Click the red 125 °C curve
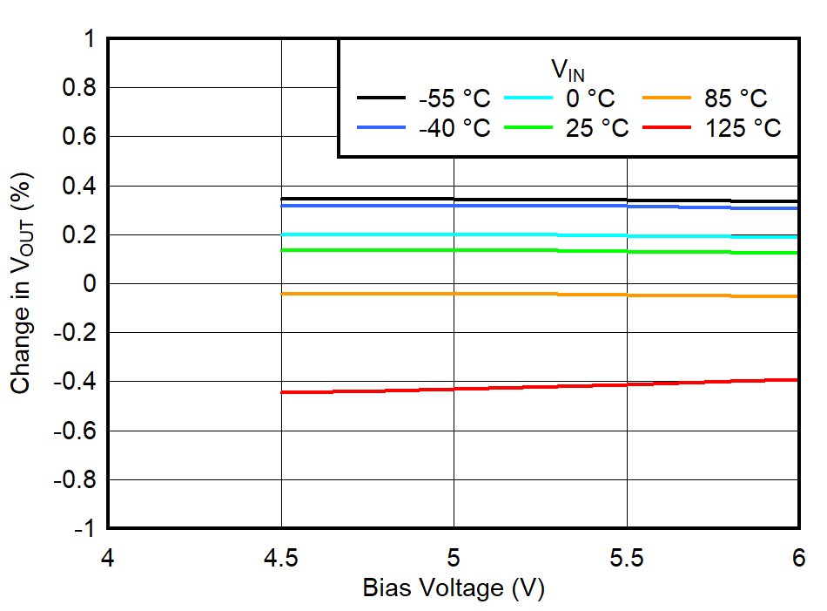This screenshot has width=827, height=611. (540, 384)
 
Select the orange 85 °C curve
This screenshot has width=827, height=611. (540, 295)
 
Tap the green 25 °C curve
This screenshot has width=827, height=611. (540, 251)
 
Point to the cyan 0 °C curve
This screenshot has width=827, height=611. (540, 235)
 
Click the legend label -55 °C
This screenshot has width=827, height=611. (454, 98)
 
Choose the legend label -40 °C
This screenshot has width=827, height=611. (454, 128)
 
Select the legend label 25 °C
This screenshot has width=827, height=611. (596, 128)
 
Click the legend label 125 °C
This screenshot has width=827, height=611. (742, 128)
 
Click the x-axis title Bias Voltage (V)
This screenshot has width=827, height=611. (453, 588)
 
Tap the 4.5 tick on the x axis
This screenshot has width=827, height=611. (280, 557)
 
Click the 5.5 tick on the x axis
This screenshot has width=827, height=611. (626, 557)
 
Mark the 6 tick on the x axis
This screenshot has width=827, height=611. (797, 557)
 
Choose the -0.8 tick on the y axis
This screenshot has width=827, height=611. (73, 479)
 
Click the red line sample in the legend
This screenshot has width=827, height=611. (667, 128)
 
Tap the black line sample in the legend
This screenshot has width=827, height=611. (381, 98)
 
